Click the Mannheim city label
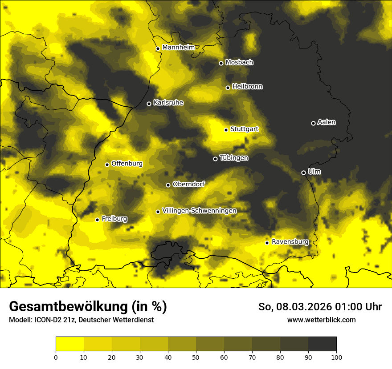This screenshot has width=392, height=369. click(179, 48)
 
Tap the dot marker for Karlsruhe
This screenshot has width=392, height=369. click(149, 104)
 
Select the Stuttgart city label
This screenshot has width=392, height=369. click(244, 129)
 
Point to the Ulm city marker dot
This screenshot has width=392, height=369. click(303, 172)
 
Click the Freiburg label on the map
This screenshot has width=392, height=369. click(114, 219)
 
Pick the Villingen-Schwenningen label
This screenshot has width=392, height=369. click(199, 211)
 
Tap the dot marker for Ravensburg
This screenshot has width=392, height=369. click(267, 243)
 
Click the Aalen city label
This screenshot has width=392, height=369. click(327, 122)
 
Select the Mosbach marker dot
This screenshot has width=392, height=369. click(221, 63)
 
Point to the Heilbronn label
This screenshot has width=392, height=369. click(247, 87)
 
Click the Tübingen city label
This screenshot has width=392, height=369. click(234, 158)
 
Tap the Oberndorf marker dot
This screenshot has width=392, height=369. click(168, 185)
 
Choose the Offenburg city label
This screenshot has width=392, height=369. click(127, 164)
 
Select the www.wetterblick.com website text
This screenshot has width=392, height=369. click(321, 320)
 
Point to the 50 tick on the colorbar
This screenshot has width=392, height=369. click(196, 357)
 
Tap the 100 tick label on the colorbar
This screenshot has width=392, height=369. click(336, 357)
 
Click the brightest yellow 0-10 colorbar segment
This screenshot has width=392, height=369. click(69, 344)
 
